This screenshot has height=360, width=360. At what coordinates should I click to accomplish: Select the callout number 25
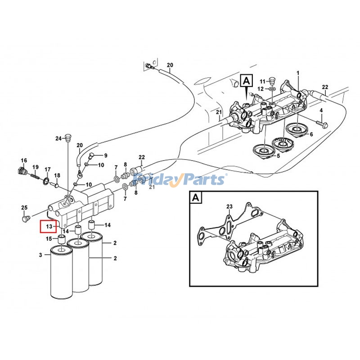[24, 207]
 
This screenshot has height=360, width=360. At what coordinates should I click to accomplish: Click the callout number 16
[24, 161]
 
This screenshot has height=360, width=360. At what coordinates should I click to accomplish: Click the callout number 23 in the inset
[229, 207]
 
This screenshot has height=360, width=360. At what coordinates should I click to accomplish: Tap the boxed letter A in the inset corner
[195, 197]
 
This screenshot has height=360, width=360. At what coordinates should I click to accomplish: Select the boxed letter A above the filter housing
[246, 81]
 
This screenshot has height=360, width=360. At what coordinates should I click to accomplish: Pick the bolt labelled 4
[324, 123]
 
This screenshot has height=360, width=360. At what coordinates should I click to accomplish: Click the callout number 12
[261, 89]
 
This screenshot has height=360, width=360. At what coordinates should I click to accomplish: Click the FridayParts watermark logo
[180, 180]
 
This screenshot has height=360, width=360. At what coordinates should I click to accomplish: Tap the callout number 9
[105, 155]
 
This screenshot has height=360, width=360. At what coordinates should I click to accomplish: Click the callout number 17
[47, 169]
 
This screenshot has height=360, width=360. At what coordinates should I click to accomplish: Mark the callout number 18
[57, 175]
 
